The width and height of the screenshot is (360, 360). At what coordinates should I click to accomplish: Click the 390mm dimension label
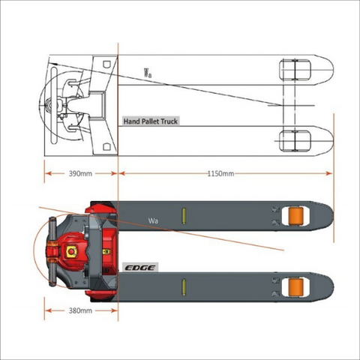80,173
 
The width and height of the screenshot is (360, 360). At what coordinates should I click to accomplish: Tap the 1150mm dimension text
221,173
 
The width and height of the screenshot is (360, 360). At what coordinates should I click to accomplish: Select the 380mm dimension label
80,310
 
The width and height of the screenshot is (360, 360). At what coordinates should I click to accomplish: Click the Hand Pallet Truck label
151,121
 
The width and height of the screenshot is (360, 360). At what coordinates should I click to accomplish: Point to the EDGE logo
140,268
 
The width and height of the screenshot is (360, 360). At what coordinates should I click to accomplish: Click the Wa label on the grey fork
153,220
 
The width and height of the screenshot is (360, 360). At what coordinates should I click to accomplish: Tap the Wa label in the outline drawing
148,73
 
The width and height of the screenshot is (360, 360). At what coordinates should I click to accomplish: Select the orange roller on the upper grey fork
295,216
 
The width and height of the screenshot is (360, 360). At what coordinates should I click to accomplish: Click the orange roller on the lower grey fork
295,286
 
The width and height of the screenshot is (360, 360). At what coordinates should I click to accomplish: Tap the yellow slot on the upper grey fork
184,216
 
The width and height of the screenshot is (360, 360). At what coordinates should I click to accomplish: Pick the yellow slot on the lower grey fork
184,287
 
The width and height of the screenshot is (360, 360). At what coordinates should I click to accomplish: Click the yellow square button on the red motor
71,251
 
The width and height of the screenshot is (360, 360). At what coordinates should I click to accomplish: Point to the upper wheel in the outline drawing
295,70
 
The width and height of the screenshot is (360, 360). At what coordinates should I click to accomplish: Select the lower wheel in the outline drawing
295,141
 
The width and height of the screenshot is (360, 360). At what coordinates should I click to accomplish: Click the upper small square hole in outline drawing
107,64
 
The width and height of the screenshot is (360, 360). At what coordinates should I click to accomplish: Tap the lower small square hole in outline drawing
107,147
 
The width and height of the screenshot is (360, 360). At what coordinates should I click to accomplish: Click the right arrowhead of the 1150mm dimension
329,173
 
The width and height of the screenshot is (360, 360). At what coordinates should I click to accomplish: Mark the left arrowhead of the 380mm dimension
49,310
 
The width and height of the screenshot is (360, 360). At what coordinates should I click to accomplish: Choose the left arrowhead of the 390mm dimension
49,173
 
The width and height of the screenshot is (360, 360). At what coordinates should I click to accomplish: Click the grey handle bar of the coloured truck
53,251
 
